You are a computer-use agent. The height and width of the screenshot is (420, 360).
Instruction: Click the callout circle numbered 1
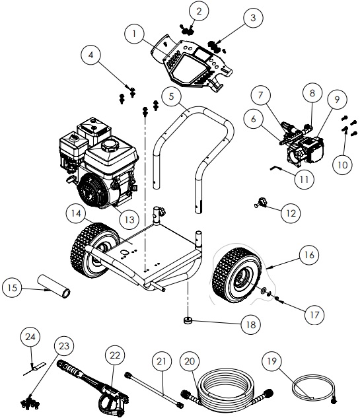pos(134,32)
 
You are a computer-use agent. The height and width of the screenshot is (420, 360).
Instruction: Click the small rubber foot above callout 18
pos(188,320)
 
